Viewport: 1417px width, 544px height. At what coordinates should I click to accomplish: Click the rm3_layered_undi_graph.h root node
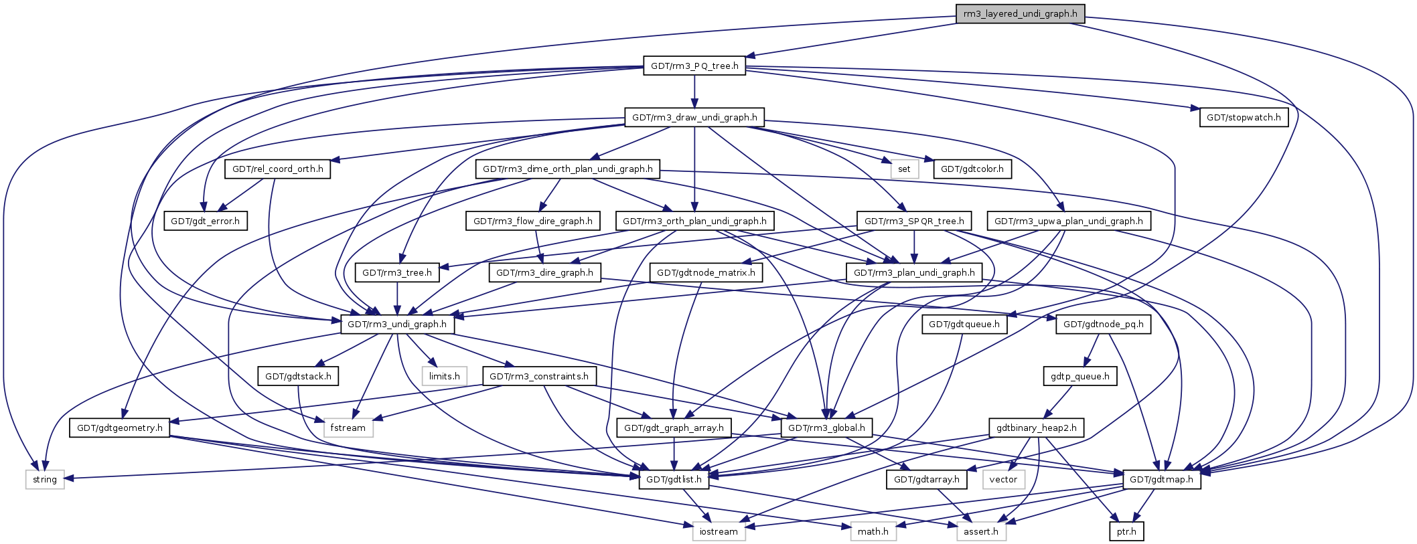[1020, 13]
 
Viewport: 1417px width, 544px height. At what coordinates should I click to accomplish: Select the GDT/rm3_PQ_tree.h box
[694, 66]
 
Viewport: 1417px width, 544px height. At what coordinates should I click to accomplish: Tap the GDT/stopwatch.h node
[1244, 118]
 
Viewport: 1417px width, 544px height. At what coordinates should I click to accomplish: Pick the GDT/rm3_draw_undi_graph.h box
[694, 118]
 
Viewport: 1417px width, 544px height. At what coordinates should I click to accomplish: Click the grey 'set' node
[904, 169]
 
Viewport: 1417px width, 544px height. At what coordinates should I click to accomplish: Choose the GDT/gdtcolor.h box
[972, 169]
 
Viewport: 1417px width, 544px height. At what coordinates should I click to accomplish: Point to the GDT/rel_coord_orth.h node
[277, 169]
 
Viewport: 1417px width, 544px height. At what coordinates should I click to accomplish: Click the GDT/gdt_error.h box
[206, 221]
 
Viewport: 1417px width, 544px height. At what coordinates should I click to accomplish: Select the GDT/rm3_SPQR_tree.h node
[914, 221]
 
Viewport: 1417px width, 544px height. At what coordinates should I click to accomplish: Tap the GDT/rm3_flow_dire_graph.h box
[532, 221]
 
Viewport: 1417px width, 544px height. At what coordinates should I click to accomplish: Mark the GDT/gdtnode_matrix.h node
[706, 273]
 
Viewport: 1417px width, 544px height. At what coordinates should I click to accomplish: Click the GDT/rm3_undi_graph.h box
[398, 325]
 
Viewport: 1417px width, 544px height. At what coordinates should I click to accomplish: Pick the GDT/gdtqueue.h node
[964, 325]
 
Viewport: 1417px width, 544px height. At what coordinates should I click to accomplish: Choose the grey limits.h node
[445, 376]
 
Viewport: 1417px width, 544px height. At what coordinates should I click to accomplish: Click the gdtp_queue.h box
[1079, 376]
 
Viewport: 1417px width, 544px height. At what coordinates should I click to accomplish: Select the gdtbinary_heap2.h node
[1036, 428]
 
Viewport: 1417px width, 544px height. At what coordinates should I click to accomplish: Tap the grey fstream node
[348, 428]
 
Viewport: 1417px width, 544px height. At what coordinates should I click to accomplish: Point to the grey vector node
[1003, 480]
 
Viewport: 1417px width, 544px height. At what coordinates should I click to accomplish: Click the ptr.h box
[1126, 531]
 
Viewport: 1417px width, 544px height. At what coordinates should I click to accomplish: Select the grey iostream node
[719, 531]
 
